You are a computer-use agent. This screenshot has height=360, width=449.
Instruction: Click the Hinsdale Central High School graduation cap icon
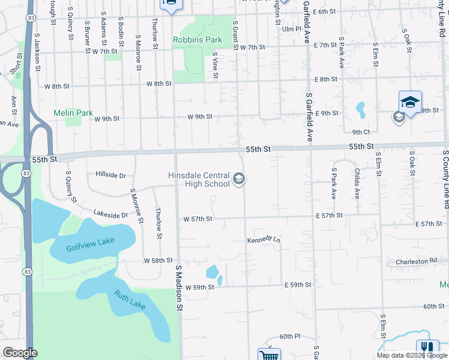coord(239,179)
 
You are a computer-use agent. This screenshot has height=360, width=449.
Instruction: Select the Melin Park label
coord(73,112)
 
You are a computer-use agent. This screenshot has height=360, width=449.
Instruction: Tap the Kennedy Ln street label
coord(264,240)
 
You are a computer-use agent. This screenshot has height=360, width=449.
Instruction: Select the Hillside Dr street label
coord(110,175)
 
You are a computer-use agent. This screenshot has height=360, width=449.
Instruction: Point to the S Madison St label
coord(178,288)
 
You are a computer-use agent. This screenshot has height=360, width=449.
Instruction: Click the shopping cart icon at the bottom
coord(268,355)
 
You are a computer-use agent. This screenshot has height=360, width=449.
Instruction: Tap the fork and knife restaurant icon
coord(427,348)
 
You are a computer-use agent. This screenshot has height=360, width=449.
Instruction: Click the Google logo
coord(20,353)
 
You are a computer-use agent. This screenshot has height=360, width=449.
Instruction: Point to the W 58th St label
coord(158,261)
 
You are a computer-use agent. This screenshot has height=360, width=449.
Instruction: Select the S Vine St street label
coord(214,65)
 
